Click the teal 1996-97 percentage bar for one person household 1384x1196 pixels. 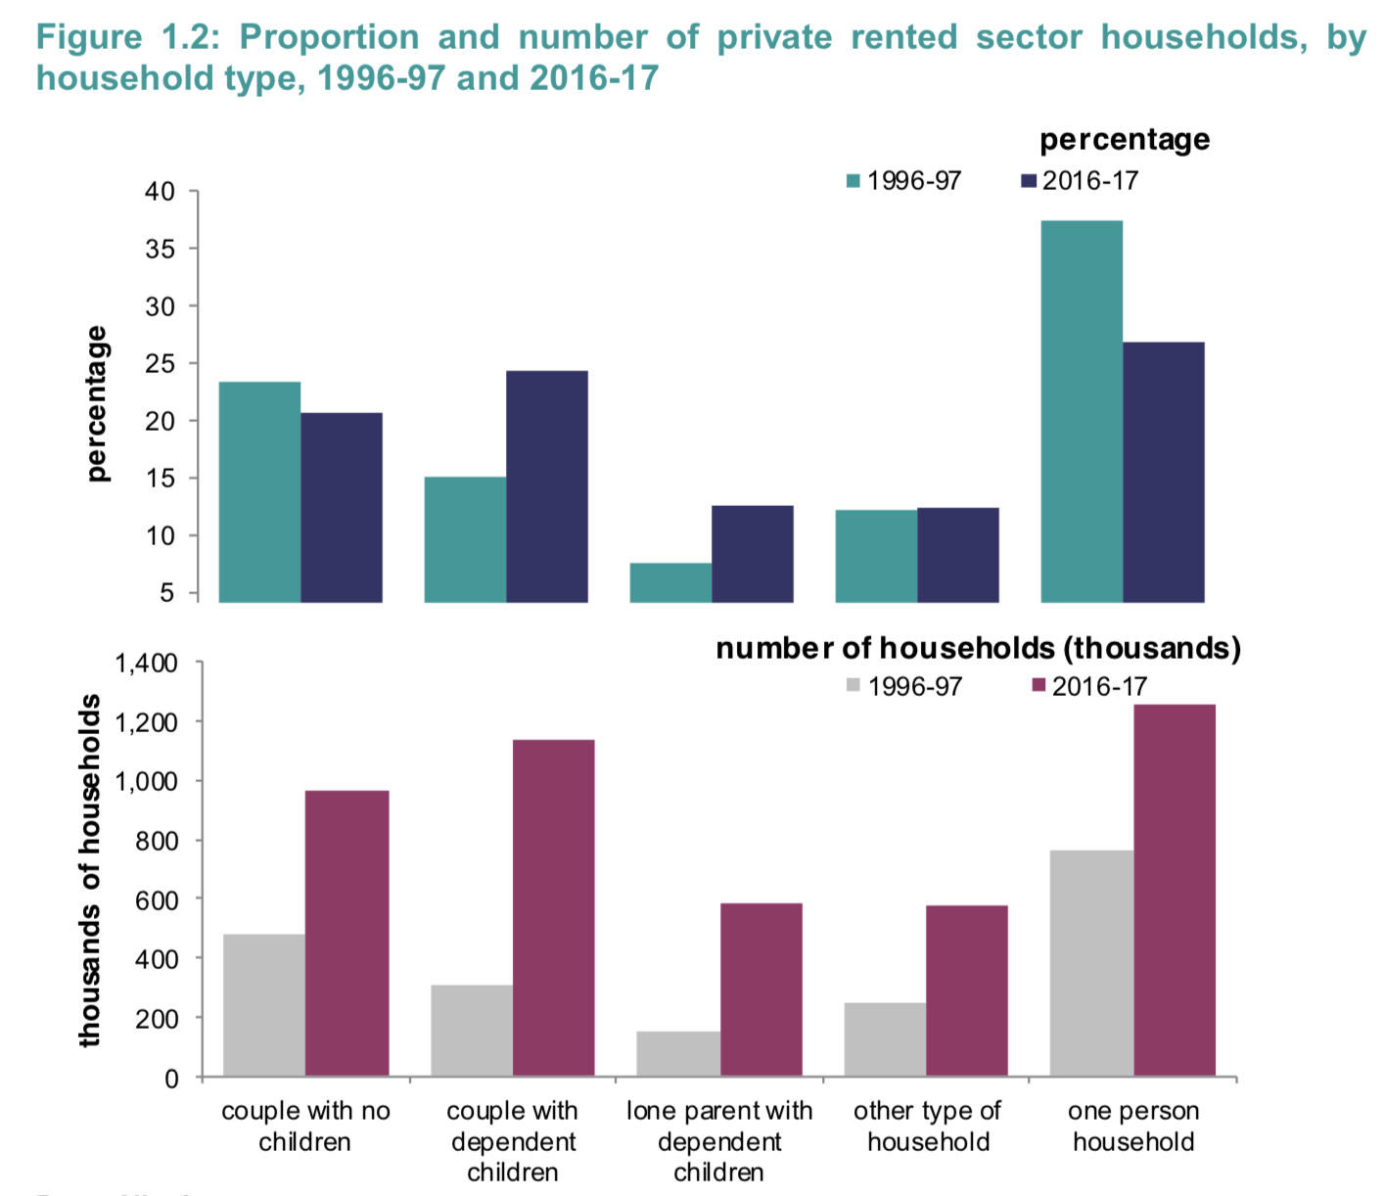tap(1082, 411)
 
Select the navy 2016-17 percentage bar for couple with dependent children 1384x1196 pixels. tap(547, 486)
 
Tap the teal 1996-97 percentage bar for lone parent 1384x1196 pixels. tap(670, 582)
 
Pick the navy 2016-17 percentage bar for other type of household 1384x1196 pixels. tap(958, 555)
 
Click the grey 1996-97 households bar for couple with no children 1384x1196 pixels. tap(264, 1005)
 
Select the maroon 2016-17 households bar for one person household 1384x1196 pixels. tap(1175, 891)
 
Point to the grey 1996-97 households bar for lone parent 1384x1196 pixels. tap(678, 1054)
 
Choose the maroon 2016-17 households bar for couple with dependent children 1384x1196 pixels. tap(553, 908)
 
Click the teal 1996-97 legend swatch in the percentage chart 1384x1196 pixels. tap(853, 181)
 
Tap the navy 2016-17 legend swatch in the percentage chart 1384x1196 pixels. tap(1029, 181)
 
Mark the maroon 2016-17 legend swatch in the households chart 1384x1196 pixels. tap(1039, 686)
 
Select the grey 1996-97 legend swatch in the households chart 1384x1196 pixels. tap(853, 686)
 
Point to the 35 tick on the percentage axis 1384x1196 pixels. tap(161, 249)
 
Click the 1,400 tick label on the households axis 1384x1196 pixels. tap(147, 664)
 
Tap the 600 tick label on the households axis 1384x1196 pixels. tap(157, 900)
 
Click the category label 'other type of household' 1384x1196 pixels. tap(928, 1126)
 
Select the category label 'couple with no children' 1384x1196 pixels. tap(305, 1126)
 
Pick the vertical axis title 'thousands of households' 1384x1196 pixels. tap(90, 871)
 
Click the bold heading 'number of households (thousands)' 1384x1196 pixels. tap(978, 648)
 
